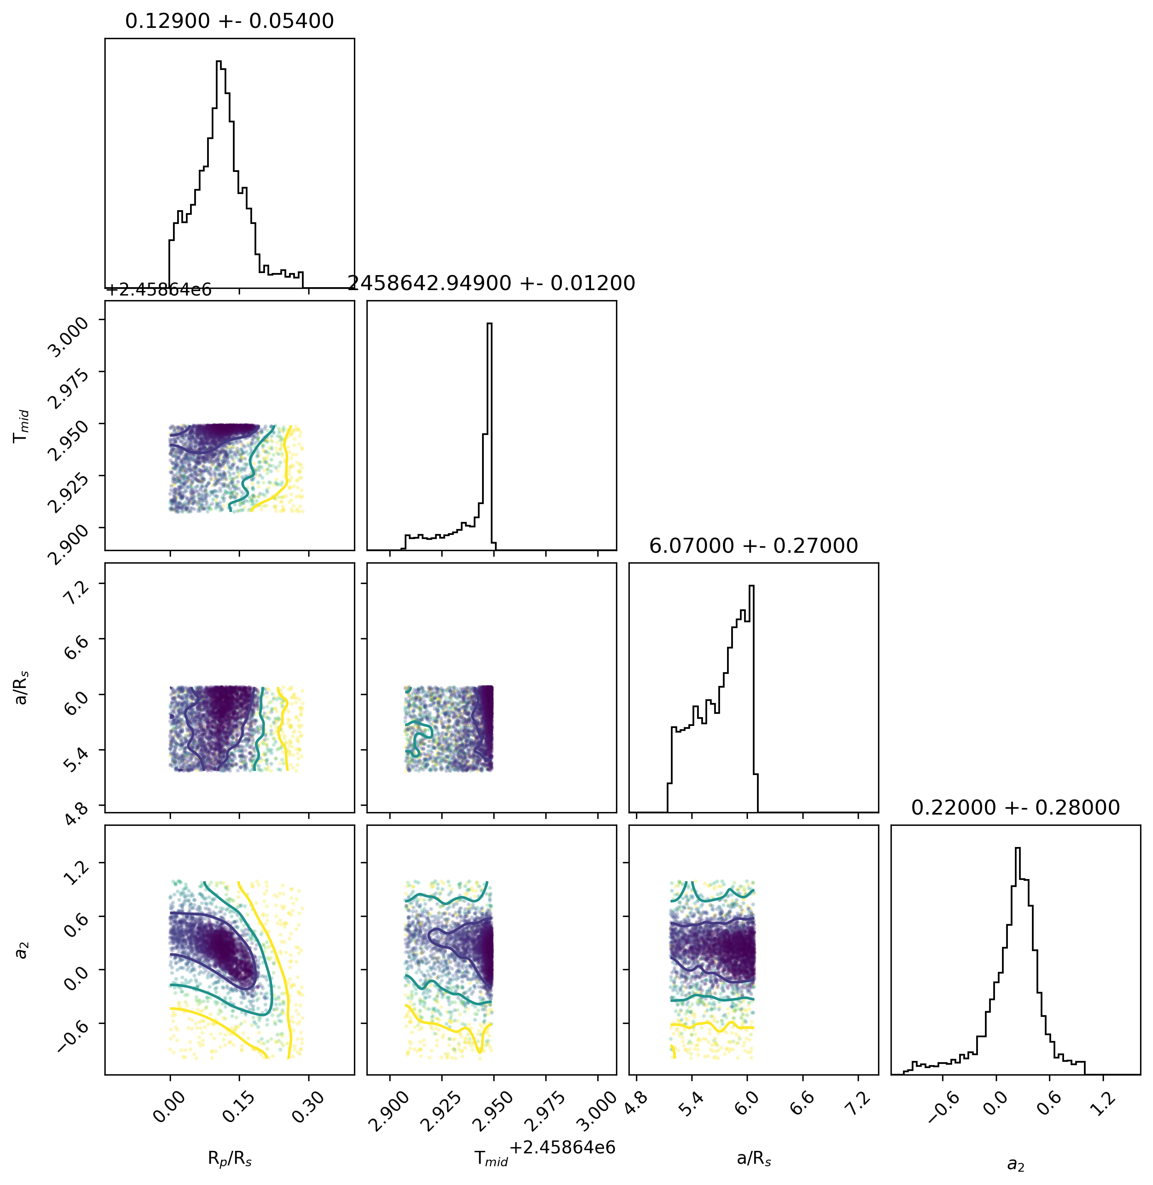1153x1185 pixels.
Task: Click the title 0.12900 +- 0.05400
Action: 230,21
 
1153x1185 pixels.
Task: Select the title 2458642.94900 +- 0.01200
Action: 491,283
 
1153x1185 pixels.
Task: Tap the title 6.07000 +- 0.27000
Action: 753,546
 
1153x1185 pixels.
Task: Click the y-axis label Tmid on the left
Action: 22,425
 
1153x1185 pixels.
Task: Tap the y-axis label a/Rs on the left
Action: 22,687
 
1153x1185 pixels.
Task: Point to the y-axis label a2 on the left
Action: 22,949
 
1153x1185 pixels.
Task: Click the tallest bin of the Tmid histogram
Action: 489,436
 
